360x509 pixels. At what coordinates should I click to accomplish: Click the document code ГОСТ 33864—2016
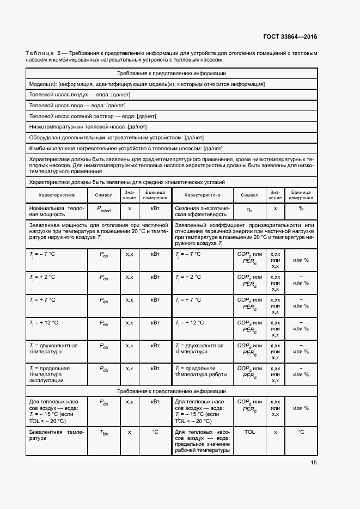click(290, 37)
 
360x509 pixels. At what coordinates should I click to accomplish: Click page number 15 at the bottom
click(314, 463)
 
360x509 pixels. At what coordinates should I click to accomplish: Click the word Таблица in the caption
click(39, 53)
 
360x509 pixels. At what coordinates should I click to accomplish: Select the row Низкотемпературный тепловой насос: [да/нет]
click(88, 126)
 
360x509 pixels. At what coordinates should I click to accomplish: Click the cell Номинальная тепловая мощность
click(57, 212)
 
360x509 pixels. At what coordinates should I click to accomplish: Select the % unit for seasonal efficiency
click(301, 208)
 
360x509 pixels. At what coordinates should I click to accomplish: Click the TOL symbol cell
click(249, 432)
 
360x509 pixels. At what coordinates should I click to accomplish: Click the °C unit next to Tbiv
click(155, 432)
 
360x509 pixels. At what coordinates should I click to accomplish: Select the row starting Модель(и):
click(147, 84)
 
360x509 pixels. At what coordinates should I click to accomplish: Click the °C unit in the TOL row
click(301, 432)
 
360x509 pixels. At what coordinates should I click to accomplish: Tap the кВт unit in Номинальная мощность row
click(155, 208)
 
